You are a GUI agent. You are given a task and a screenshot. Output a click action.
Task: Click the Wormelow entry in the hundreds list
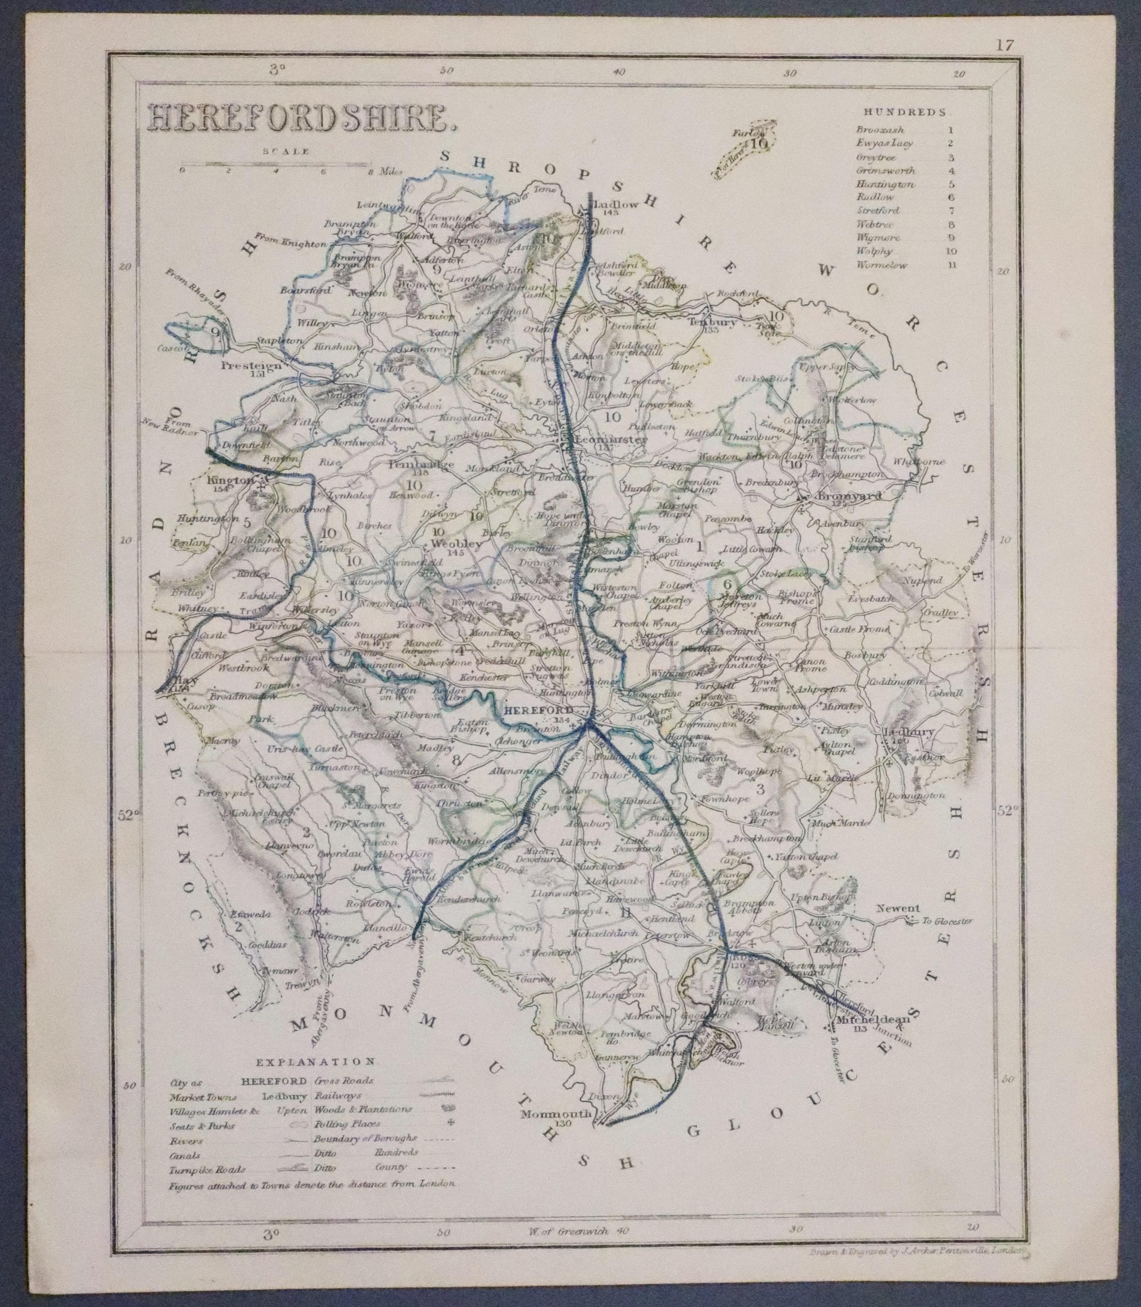click(x=882, y=265)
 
